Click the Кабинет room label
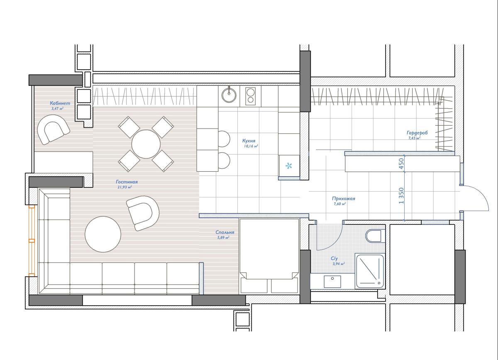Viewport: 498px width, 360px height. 60,103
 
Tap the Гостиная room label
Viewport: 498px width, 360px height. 127,182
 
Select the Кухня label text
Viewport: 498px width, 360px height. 249,141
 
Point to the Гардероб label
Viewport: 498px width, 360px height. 417,133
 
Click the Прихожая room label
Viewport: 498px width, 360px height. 344,198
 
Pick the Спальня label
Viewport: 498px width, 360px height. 225,232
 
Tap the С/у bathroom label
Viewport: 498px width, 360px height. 334,258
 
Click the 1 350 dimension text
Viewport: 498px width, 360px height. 401,196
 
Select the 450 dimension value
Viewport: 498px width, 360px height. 401,164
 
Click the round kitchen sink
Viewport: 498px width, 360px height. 229,95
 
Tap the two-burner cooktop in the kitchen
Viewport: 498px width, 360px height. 251,96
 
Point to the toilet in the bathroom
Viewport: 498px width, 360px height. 373,236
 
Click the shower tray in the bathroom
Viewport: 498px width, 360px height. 370,271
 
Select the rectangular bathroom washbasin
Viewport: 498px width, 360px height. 332,282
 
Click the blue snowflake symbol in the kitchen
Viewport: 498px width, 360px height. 288,166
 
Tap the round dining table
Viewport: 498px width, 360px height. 146,144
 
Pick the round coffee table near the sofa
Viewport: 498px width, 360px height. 103,234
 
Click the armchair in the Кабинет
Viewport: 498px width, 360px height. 53,129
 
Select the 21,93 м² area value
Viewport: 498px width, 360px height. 124,187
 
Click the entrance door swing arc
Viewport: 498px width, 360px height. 482,196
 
